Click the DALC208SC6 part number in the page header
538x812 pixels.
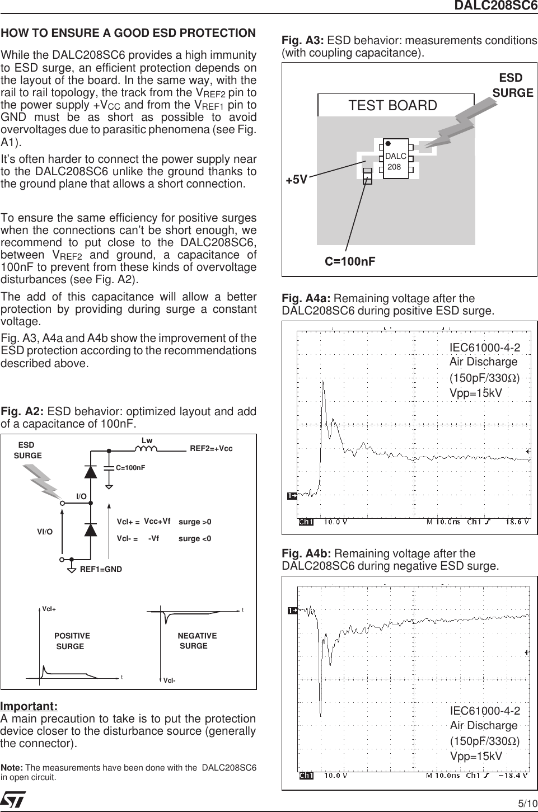click(x=495, y=6)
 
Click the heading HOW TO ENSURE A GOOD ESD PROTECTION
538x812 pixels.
click(x=128, y=34)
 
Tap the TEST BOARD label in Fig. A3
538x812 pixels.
click(x=392, y=106)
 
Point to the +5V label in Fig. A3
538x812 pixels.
click(x=297, y=180)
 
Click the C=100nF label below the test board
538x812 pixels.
click(x=350, y=262)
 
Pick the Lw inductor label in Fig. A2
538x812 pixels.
click(x=147, y=441)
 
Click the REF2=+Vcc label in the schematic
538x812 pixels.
click(x=211, y=449)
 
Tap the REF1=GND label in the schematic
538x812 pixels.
click(x=101, y=569)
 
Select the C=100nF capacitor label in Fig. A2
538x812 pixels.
click(x=130, y=468)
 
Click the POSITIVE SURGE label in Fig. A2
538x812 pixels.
click(x=72, y=641)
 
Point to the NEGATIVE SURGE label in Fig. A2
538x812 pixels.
click(x=197, y=641)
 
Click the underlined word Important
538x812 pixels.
click(x=29, y=706)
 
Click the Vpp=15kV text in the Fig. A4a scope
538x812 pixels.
click(x=476, y=393)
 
